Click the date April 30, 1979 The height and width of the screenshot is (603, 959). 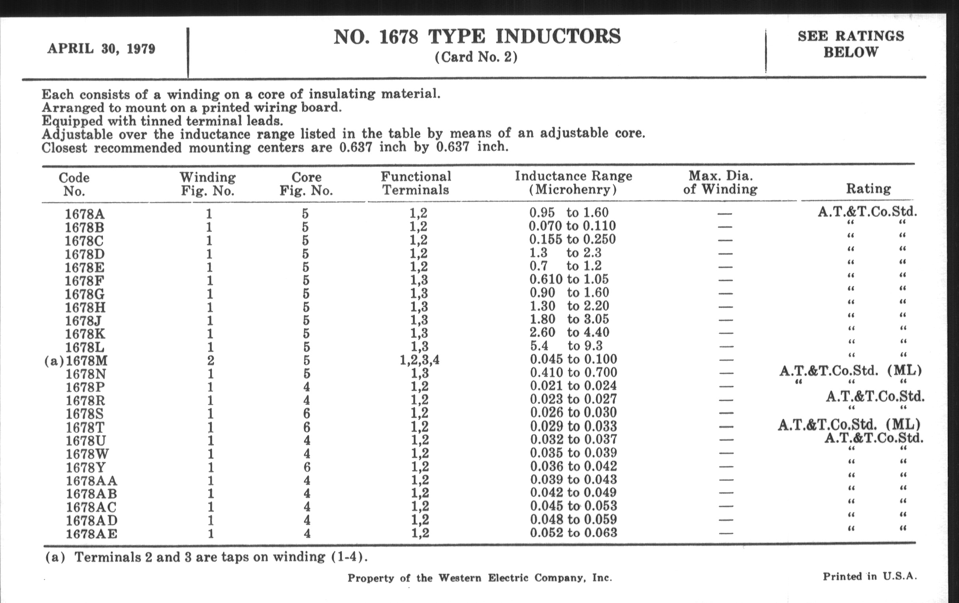tap(101, 49)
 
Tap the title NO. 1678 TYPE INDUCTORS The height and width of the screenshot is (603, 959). tap(477, 37)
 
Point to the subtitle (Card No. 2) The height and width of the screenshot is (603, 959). tap(476, 57)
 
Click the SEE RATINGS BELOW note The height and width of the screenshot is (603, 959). tap(851, 44)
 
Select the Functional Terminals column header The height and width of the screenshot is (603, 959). tap(416, 183)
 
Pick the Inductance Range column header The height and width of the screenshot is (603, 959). tap(573, 182)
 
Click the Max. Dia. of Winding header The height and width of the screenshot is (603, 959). tap(720, 182)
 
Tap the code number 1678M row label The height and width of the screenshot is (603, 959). tap(86, 361)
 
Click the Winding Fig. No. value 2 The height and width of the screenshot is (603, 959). tap(210, 361)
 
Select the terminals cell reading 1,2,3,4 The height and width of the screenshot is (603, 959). tap(419, 360)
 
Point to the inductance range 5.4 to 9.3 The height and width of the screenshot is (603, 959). tap(566, 346)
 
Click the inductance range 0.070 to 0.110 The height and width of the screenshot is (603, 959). tap(572, 226)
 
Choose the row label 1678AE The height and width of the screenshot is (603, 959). tap(91, 533)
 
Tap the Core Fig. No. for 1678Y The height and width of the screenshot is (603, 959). tap(306, 467)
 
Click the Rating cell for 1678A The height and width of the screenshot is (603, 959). tap(867, 212)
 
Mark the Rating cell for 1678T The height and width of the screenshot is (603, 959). tap(849, 425)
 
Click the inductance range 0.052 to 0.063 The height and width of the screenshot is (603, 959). tap(573, 532)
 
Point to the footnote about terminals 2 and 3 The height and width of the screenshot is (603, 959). tap(206, 557)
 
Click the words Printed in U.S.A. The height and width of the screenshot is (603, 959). tap(870, 576)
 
